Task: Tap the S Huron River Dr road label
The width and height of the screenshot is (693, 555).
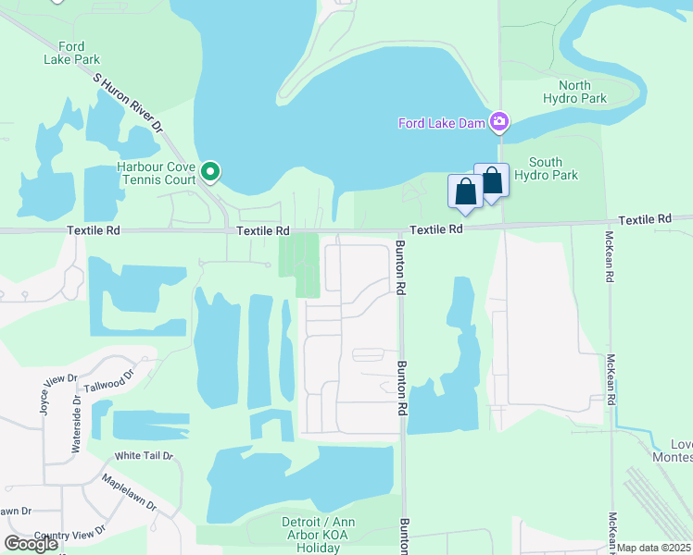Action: click(128, 101)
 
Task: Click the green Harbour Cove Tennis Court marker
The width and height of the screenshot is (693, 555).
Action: click(211, 171)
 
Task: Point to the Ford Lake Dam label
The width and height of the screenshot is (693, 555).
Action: click(443, 122)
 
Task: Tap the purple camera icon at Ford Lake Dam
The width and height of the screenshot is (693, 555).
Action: click(499, 122)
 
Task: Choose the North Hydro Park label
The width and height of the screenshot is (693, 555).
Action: click(574, 92)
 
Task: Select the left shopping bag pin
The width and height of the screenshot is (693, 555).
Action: click(465, 191)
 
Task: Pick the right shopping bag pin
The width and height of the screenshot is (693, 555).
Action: click(491, 180)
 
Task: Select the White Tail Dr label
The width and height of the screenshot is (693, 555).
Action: click(139, 456)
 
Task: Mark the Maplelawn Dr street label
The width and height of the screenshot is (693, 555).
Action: click(131, 495)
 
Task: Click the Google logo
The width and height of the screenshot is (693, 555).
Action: click(30, 544)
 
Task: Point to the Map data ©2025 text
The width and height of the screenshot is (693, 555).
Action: click(654, 548)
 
